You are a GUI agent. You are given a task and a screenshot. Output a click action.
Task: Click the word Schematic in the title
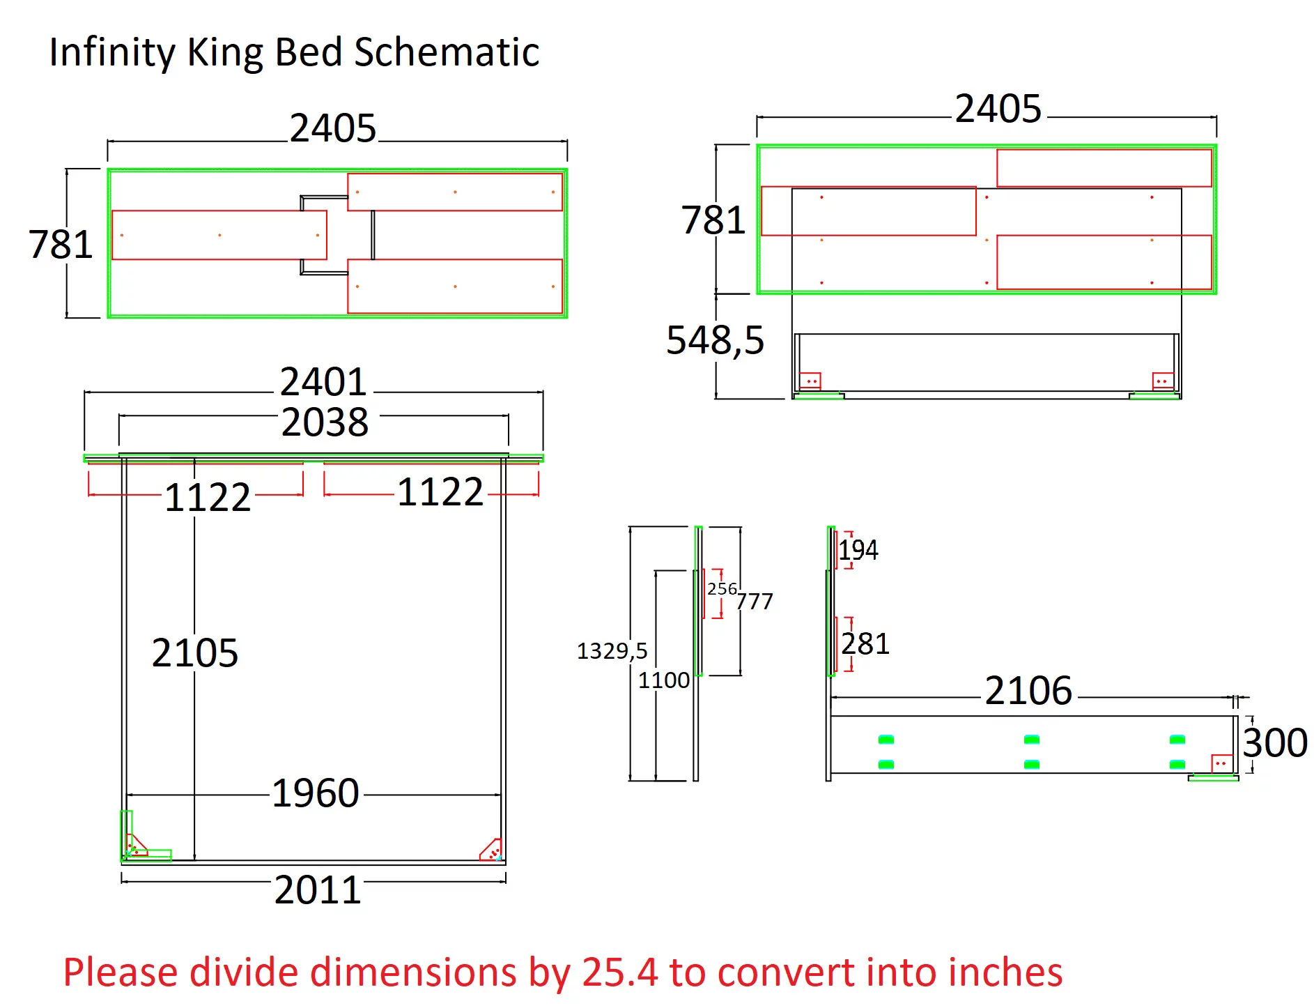[x=447, y=52]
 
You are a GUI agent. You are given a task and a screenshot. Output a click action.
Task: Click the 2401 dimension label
[x=323, y=381]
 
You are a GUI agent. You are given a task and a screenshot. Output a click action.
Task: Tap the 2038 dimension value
[x=325, y=422]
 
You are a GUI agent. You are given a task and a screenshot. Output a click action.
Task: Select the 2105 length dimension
[x=195, y=652]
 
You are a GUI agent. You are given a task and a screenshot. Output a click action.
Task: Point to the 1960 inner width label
[x=316, y=793]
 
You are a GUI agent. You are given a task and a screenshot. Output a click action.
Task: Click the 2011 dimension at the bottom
[x=318, y=889]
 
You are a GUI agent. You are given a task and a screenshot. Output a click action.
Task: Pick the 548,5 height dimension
[x=716, y=340]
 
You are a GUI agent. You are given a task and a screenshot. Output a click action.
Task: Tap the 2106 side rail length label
[x=1028, y=691]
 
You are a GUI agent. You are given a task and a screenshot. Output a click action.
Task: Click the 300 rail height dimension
[x=1275, y=742]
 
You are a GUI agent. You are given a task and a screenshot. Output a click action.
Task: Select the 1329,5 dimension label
[x=612, y=651]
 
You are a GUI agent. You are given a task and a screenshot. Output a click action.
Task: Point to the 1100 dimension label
[x=664, y=680]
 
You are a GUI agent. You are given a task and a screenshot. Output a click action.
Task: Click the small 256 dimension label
[x=722, y=589]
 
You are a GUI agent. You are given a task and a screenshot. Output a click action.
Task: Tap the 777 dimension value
[x=755, y=601]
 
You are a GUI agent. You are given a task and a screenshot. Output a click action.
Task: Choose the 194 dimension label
[x=858, y=550]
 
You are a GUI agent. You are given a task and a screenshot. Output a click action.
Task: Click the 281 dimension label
[x=865, y=643]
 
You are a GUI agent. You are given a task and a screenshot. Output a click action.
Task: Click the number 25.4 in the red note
[x=619, y=972]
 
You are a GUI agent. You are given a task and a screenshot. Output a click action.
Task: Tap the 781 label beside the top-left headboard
[x=61, y=244]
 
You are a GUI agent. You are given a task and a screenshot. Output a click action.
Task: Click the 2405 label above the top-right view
[x=998, y=109]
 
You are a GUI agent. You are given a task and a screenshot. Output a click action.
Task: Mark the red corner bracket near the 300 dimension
[x=1222, y=763]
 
